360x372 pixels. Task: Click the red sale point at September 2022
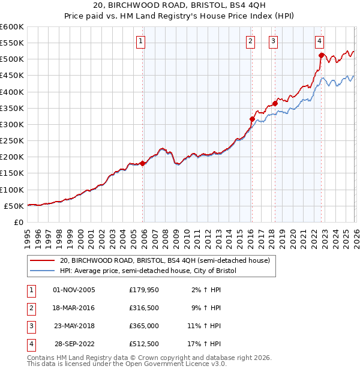tap(321, 55)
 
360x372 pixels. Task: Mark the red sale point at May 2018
tap(275, 103)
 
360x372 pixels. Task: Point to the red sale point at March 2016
tap(251, 119)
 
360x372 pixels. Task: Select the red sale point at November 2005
tap(142, 163)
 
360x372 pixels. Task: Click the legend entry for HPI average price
tap(148, 271)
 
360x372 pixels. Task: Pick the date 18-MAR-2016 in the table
tap(74, 308)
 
